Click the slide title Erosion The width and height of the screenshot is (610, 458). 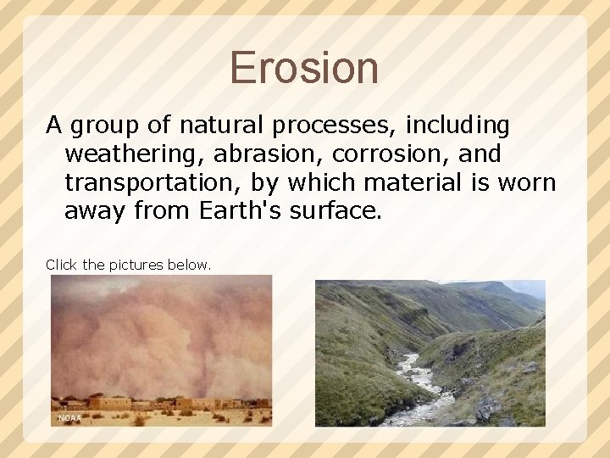pos(304,68)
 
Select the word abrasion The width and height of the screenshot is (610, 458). pos(243,154)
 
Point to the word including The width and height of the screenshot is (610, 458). pos(457,126)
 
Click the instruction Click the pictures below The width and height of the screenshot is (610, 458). pos(128,265)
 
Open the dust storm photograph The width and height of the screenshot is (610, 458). pos(161,339)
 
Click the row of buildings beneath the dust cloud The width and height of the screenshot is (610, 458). pos(161,402)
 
